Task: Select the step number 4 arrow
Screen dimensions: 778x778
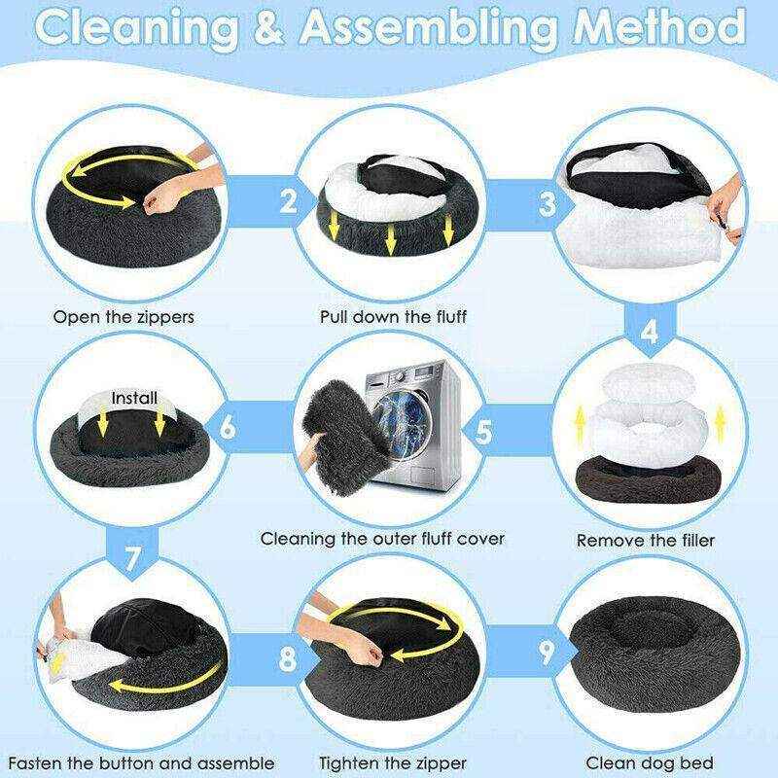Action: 650,330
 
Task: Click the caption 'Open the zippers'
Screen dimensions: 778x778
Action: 124,317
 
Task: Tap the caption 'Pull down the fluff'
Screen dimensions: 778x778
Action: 393,317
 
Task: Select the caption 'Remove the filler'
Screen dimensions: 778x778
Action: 646,540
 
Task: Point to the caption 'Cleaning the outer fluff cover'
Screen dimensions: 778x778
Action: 382,539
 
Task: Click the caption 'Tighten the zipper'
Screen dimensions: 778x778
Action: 393,763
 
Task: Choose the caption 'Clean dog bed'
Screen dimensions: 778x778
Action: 650,762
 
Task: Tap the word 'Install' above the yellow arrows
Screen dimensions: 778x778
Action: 134,398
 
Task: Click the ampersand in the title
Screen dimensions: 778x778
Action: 269,27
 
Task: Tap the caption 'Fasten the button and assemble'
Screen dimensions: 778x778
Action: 141,763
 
